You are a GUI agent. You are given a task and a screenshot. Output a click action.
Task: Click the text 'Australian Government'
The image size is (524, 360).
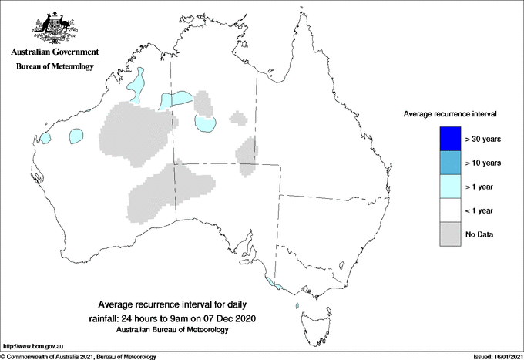click(55, 52)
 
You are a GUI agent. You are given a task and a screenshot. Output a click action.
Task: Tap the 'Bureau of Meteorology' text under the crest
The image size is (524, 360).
click(55, 66)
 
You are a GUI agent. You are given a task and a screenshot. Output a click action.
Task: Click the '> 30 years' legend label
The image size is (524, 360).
click(483, 140)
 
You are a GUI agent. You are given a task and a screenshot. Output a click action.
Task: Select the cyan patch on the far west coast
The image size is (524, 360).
click(45, 138)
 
